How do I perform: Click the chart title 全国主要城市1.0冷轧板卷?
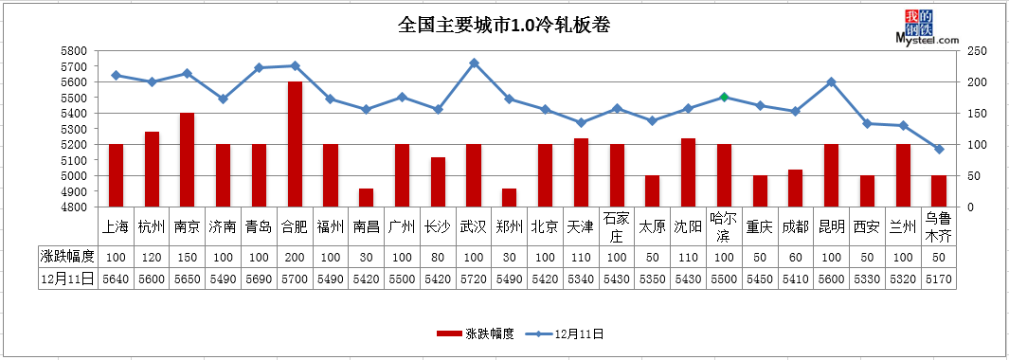click(x=503, y=26)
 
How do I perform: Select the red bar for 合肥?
click(x=296, y=144)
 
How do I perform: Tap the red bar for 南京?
click(x=188, y=159)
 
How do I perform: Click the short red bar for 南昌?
click(x=367, y=197)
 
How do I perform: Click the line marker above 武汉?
click(x=474, y=63)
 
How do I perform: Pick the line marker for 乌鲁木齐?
click(x=939, y=149)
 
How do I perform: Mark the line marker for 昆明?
click(x=832, y=81)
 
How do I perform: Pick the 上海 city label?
click(x=116, y=226)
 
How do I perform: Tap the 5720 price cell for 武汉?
click(x=474, y=279)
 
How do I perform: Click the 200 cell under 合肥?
click(x=296, y=257)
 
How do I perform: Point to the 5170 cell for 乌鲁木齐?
click(x=939, y=279)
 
